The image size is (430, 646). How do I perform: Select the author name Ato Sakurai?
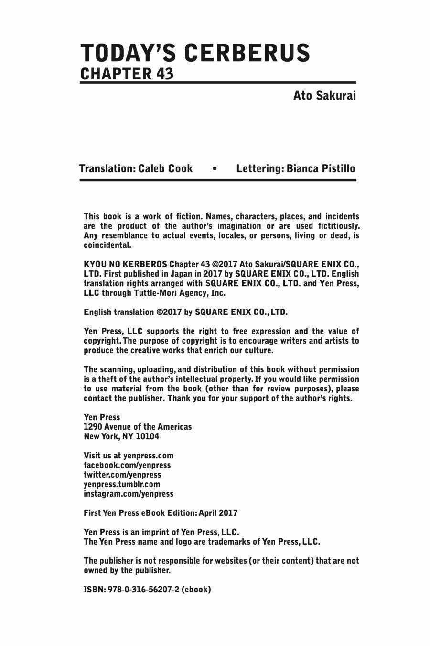point(324,96)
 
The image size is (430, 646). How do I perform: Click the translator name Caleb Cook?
point(166,168)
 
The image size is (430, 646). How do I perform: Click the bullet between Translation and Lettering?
point(215,168)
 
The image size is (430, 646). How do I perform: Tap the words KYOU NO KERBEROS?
point(125,264)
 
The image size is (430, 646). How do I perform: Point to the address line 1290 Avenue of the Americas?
point(138,426)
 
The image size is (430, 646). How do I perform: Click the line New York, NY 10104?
point(121,436)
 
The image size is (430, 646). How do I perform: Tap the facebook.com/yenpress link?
point(127,465)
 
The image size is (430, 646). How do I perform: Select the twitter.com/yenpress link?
point(122,474)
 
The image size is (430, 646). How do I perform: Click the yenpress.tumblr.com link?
point(122,484)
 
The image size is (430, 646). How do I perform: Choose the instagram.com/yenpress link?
point(129,493)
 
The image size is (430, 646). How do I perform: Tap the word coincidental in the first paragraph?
point(107,245)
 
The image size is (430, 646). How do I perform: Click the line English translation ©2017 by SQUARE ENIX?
point(186,312)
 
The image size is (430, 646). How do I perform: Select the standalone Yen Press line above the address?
point(102,417)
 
